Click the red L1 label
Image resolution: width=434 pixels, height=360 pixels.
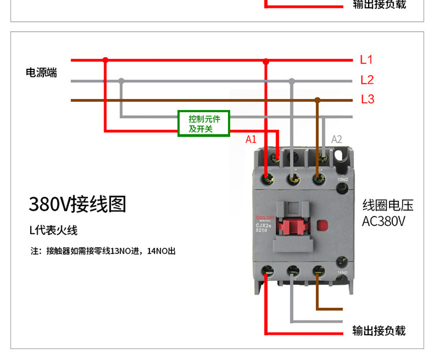point(366,60)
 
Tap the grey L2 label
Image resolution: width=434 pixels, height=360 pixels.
point(367,80)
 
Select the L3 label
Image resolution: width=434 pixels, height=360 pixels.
point(367,99)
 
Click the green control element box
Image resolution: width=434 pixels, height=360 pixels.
point(204,123)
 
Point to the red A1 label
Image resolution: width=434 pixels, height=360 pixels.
point(251,139)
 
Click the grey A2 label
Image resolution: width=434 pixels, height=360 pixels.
point(336,139)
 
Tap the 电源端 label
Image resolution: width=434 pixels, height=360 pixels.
point(41,73)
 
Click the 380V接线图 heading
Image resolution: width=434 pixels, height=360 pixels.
point(77,204)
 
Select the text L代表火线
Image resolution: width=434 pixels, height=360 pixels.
point(53,230)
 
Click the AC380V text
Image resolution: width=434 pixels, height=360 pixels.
point(384,221)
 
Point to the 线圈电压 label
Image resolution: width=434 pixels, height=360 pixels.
point(388,205)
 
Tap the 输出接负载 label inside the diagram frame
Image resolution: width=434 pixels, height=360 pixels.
point(379,330)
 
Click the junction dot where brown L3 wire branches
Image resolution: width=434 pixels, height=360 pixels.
point(317,100)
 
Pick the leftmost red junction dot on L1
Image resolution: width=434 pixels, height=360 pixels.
point(105,60)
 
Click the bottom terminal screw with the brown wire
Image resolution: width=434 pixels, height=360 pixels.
point(318,270)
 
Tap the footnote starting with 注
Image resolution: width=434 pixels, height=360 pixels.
point(103,252)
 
